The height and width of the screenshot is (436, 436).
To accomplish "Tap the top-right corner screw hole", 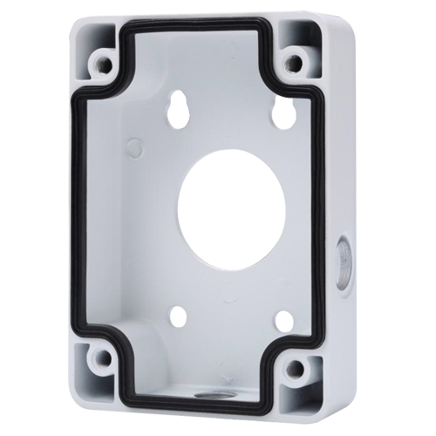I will click(296, 63).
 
